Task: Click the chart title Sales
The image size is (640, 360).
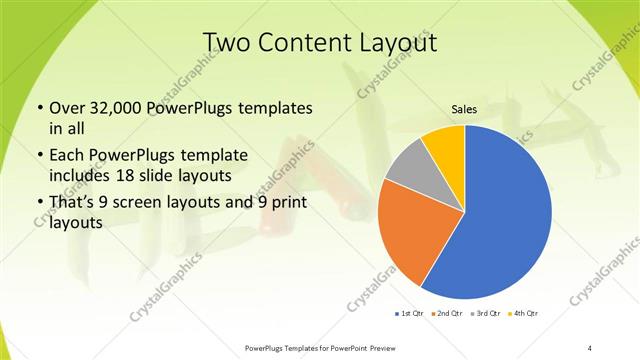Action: (464, 107)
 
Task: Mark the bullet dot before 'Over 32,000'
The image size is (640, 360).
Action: (39, 108)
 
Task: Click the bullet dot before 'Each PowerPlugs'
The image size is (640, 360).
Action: (39, 157)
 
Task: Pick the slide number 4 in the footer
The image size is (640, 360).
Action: (591, 347)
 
